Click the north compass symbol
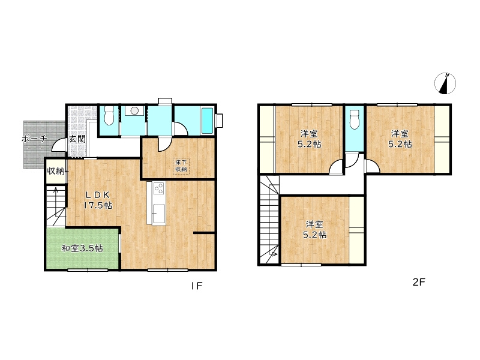click(x=445, y=83)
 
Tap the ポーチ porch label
click(x=35, y=139)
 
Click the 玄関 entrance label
click(x=77, y=139)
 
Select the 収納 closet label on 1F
click(x=55, y=171)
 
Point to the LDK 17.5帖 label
click(x=98, y=200)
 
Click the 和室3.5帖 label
click(x=82, y=248)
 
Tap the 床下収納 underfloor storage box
click(x=181, y=166)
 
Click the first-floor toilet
click(x=109, y=115)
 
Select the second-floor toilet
click(x=355, y=119)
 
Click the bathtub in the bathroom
click(x=207, y=121)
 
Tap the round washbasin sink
click(x=134, y=111)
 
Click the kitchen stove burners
click(x=159, y=188)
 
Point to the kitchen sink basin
click(x=159, y=214)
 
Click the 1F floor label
click(x=197, y=286)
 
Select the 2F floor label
click(x=419, y=282)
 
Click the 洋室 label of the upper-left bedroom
click(x=309, y=134)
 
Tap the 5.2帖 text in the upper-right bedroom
click(x=400, y=144)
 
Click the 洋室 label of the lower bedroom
click(x=314, y=224)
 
